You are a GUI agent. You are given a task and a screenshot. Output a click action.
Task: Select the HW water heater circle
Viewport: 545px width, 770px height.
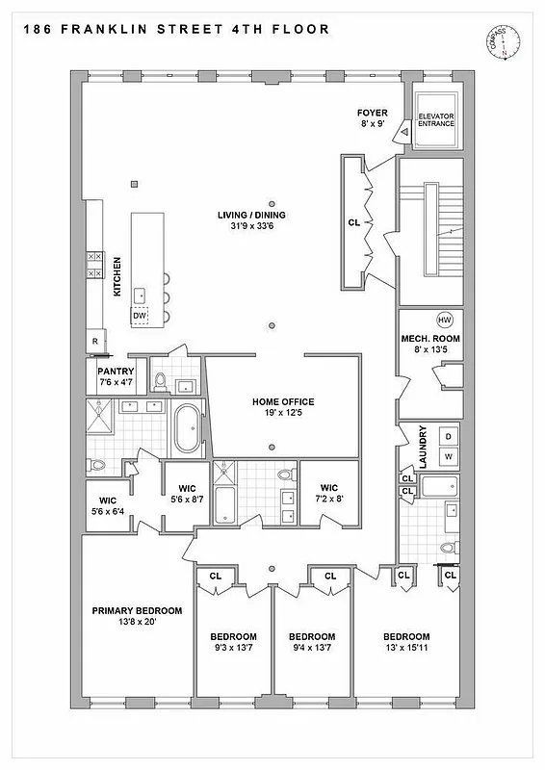point(444,320)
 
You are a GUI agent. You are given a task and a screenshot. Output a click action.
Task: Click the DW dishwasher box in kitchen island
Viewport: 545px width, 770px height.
point(140,315)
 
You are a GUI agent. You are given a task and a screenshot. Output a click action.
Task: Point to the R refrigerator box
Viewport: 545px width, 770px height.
point(94,342)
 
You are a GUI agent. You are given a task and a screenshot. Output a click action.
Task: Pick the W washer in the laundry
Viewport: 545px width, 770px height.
point(448,456)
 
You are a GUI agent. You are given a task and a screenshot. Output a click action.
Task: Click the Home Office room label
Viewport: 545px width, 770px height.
point(283,401)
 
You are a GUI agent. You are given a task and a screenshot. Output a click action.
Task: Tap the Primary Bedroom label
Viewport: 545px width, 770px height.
point(137,610)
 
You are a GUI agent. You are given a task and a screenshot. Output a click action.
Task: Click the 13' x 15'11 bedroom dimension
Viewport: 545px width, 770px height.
point(405,650)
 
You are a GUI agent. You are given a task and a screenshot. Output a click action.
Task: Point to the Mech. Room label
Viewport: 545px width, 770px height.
point(430,339)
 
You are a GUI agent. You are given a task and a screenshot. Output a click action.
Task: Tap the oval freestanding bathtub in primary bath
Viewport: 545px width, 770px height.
point(187,429)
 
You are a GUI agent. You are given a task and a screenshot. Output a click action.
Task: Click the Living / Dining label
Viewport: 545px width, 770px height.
point(258,215)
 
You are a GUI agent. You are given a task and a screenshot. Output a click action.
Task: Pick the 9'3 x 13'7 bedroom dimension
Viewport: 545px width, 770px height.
point(233,650)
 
